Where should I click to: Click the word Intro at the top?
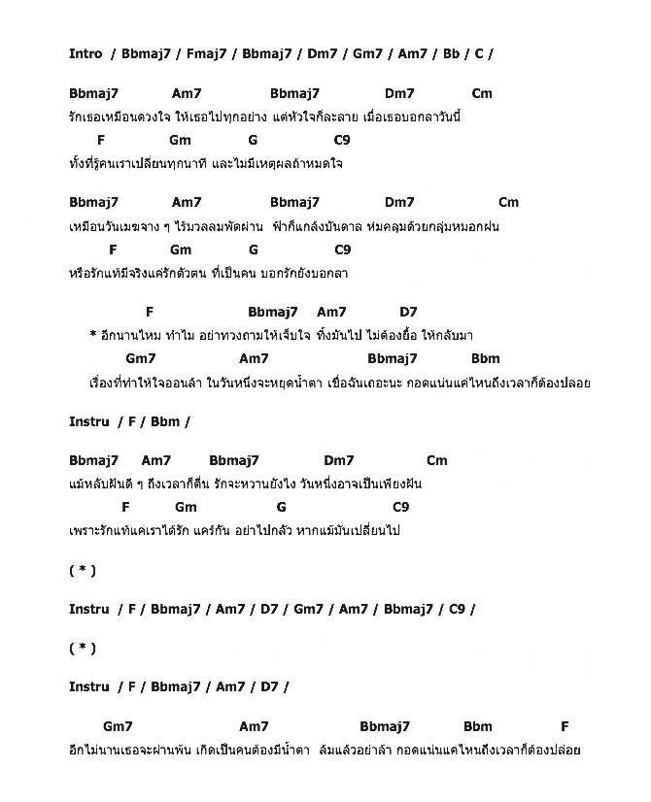(86, 53)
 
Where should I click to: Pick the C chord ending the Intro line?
(479, 53)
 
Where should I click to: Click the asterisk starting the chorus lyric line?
(93, 335)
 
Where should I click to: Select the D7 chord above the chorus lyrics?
(408, 312)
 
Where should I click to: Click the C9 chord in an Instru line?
(457, 609)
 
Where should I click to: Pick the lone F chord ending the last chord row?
(565, 726)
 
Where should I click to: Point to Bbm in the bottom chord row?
(478, 726)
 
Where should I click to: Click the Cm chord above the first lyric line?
(482, 93)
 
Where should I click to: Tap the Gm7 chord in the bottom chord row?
(118, 726)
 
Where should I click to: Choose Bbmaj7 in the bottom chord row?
(385, 726)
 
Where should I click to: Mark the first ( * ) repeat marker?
(83, 570)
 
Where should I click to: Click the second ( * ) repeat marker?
(83, 648)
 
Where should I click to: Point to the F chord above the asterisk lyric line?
(150, 312)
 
